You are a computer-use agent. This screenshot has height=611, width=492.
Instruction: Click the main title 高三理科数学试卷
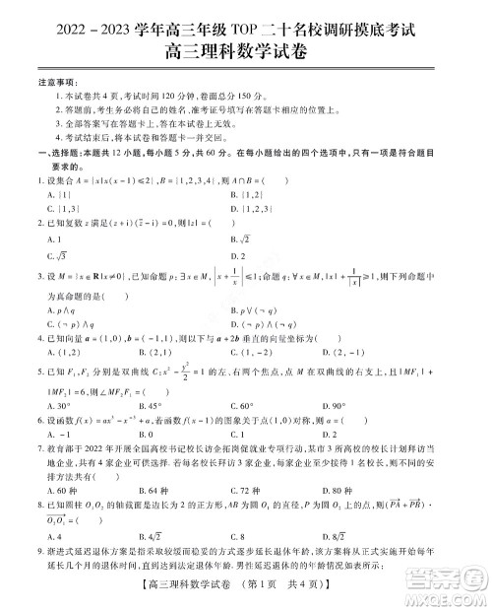pos(246,43)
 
